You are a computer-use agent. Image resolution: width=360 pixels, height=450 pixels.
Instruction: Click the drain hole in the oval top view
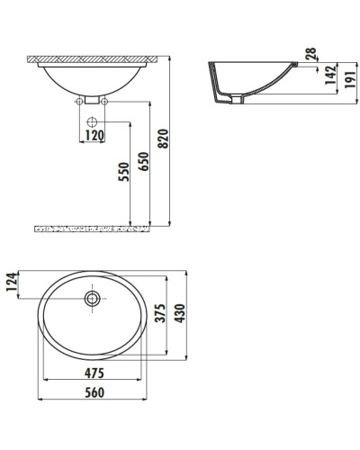pos(92,298)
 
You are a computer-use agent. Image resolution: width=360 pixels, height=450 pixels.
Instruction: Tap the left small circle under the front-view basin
pos(80,102)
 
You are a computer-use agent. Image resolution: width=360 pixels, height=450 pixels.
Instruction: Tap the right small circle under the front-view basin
pos(105,102)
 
